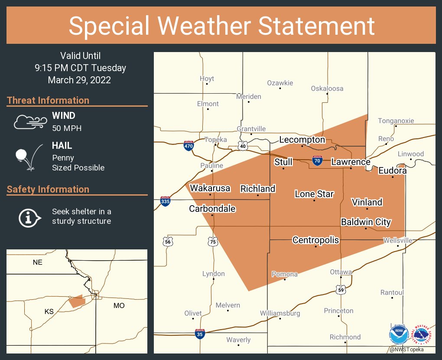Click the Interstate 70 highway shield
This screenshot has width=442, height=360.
click(x=317, y=160)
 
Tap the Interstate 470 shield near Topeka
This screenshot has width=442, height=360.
click(x=188, y=146)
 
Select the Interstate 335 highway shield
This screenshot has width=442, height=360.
click(x=165, y=201)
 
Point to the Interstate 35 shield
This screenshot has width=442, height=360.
click(x=200, y=334)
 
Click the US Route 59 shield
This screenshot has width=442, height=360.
click(x=341, y=289)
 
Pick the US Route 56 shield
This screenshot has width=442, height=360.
click(x=168, y=242)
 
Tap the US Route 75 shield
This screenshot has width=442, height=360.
click(x=212, y=242)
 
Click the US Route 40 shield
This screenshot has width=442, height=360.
click(x=243, y=146)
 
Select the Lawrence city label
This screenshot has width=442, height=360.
click(x=351, y=162)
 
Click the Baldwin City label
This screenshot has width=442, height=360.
click(x=366, y=222)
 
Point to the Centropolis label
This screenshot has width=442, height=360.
click(x=315, y=240)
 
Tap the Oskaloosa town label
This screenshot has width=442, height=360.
click(x=327, y=88)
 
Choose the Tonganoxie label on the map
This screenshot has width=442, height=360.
click(x=396, y=121)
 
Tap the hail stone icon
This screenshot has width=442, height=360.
click(x=22, y=155)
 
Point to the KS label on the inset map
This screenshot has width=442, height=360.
click(x=49, y=312)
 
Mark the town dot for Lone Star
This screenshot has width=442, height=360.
click(x=314, y=200)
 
